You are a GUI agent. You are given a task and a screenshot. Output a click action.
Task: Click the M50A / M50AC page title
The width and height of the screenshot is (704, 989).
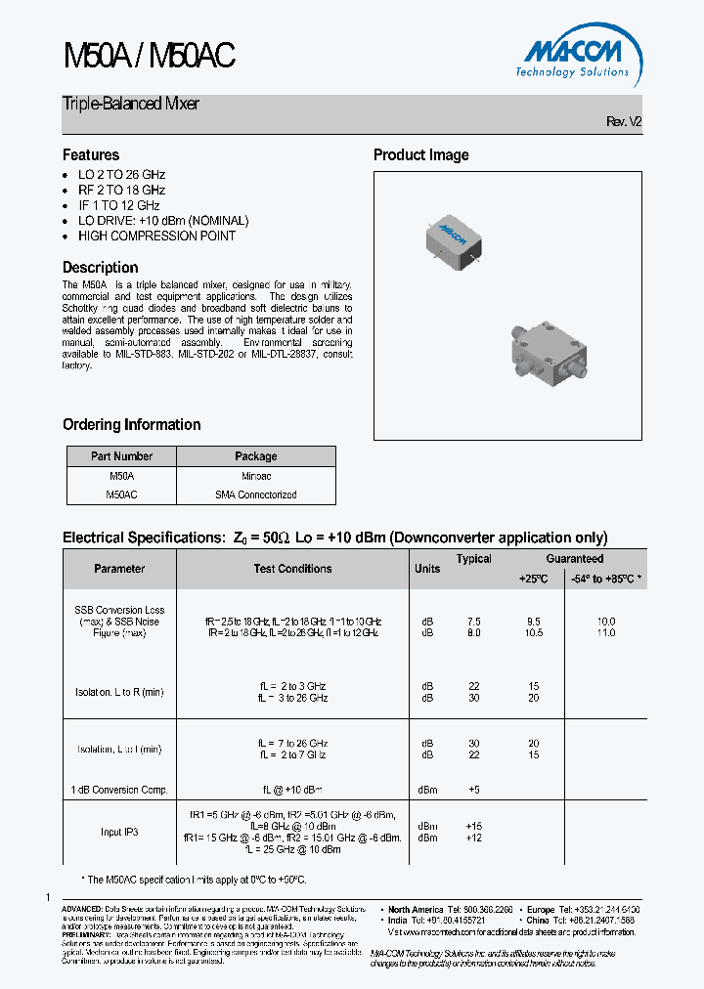(x=149, y=57)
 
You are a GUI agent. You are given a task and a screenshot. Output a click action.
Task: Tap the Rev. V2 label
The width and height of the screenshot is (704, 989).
(x=624, y=122)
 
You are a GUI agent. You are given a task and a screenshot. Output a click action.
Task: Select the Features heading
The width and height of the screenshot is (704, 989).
(x=91, y=155)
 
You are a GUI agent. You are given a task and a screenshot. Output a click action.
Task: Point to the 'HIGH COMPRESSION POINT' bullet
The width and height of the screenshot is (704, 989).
(x=156, y=236)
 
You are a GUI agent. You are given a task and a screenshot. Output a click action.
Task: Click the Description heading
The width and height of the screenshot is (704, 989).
(x=100, y=268)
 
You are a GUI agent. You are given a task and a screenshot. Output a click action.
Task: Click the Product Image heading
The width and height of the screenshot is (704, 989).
(x=420, y=155)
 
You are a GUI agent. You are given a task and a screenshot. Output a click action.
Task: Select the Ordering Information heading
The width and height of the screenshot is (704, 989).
(x=131, y=425)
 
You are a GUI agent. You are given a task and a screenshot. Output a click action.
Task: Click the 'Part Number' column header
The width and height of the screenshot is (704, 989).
(x=121, y=456)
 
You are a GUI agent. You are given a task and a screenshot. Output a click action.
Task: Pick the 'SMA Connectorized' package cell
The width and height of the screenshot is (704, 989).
(x=255, y=494)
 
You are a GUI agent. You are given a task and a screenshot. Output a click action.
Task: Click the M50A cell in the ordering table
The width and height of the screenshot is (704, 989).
(x=121, y=475)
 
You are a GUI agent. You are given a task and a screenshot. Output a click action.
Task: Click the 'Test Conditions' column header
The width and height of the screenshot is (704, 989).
(x=292, y=569)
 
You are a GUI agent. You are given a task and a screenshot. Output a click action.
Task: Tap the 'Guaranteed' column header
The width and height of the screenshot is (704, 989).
(x=574, y=559)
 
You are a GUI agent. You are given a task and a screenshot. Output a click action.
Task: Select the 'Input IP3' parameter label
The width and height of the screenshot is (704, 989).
(x=119, y=832)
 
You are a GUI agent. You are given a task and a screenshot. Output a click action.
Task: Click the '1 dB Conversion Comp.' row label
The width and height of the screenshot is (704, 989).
(x=119, y=789)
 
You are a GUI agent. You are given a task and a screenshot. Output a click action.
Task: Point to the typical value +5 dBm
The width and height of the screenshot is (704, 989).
(x=473, y=789)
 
